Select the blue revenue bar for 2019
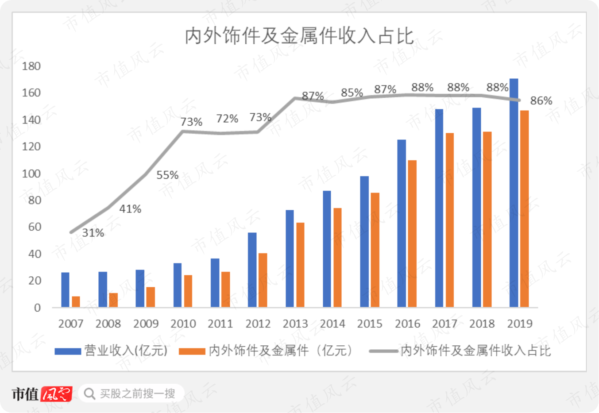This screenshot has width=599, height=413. click(x=514, y=193)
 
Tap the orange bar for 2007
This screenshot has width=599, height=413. click(x=76, y=302)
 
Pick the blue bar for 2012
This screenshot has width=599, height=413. click(x=252, y=270)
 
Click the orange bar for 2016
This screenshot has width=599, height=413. click(x=412, y=234)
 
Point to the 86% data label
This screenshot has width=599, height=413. click(x=541, y=101)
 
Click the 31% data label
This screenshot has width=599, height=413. click(x=93, y=233)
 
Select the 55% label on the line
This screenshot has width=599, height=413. click(x=167, y=175)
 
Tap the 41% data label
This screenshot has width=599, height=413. click(x=130, y=209)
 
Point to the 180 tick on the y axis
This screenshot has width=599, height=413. click(x=31, y=66)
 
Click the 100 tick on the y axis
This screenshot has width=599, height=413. click(x=31, y=174)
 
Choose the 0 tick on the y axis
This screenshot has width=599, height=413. click(x=38, y=308)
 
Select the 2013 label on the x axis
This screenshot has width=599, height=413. click(x=295, y=324)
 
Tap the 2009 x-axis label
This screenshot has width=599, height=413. click(x=146, y=324)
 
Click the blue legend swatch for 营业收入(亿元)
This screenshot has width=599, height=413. click(x=68, y=351)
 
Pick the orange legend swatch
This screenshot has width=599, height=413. click(x=192, y=351)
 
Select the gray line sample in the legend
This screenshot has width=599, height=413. click(x=383, y=351)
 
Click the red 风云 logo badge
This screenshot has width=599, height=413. click(x=56, y=394)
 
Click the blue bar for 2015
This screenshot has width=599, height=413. click(x=364, y=242)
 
